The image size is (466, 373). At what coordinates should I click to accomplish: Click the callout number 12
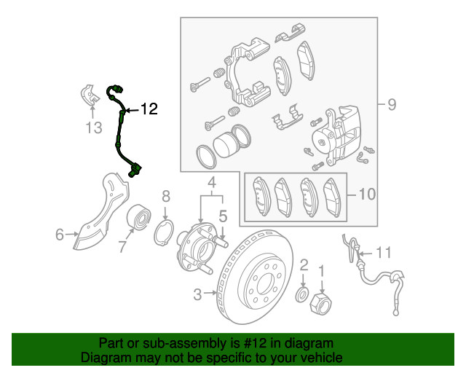click(149, 109)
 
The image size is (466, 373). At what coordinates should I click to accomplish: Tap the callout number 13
click(92, 128)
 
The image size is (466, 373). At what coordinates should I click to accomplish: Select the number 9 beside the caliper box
click(391, 105)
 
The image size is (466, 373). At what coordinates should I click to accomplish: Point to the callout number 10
click(367, 195)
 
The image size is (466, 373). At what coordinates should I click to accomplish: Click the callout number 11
click(383, 253)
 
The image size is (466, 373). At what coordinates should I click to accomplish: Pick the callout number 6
click(60, 234)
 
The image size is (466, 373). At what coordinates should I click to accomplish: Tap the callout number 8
click(166, 196)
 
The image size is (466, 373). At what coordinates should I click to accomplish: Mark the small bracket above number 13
click(90, 96)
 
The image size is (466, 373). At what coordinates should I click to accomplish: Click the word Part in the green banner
click(112, 343)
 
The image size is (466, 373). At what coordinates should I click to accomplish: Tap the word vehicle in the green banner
click(320, 358)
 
